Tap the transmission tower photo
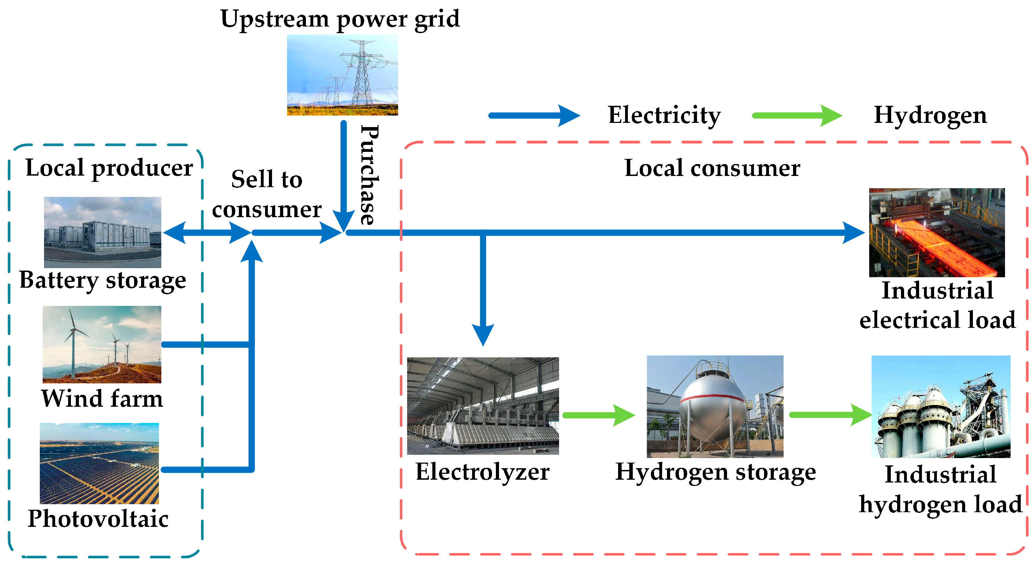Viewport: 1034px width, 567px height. tap(342, 75)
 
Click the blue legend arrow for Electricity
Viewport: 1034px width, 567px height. tap(534, 116)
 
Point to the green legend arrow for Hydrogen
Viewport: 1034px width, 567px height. tap(797, 116)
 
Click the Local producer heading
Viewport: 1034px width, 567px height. tap(109, 168)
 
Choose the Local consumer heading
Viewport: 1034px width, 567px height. tap(712, 168)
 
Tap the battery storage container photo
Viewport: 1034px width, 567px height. tap(102, 232)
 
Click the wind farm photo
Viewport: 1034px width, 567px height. tap(102, 344)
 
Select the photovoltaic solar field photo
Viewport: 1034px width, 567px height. tap(100, 463)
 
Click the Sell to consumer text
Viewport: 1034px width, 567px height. tap(266, 194)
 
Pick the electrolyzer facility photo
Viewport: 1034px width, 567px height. tap(483, 406)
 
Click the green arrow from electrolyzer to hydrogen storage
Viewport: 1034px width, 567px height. tap(598, 415)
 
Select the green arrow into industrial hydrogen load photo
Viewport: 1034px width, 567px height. tap(829, 415)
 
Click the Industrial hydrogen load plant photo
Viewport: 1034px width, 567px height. tap(940, 406)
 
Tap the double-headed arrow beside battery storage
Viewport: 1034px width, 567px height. tap(207, 232)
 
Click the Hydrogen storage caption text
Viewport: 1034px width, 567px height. tap(715, 472)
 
